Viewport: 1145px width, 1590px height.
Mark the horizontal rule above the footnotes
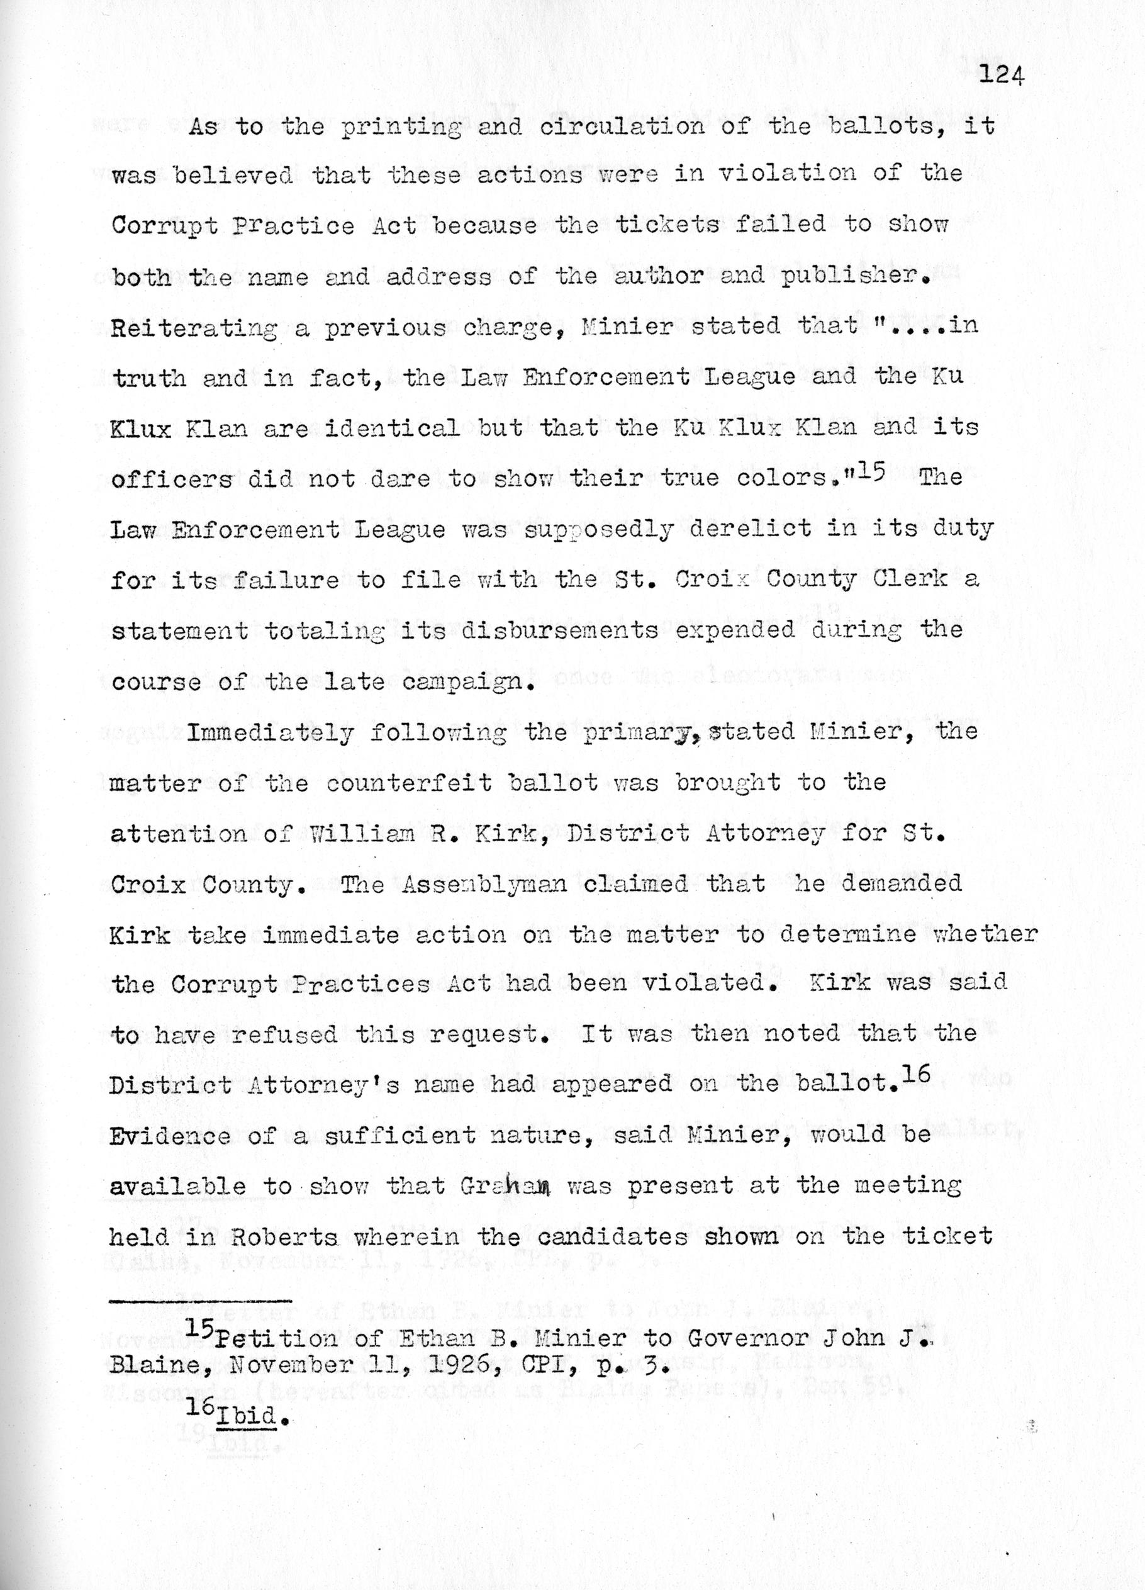coord(201,1302)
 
